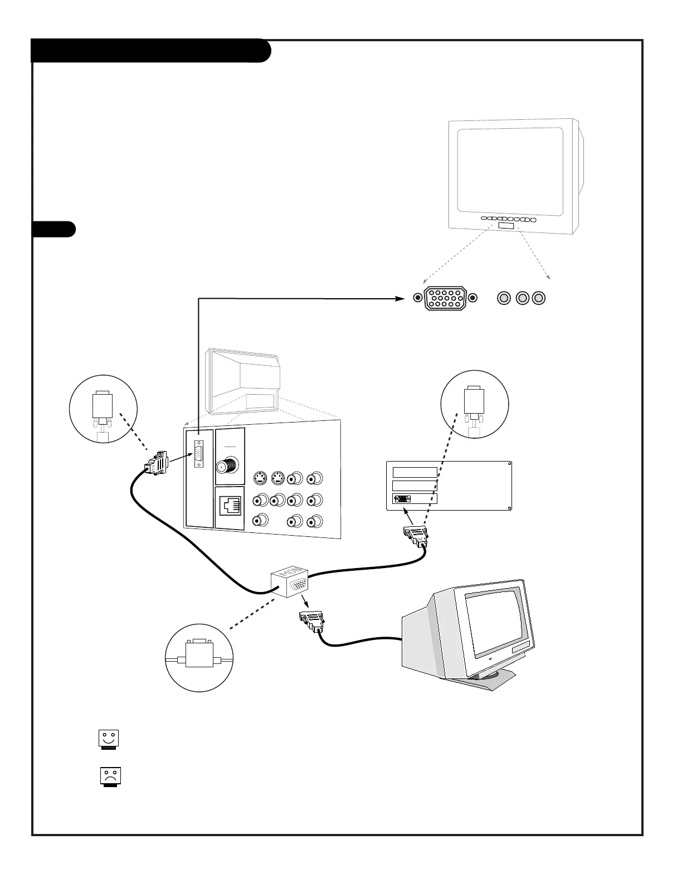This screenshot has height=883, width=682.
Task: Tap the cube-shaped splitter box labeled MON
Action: (x=290, y=581)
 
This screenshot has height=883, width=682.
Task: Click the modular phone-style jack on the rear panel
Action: (x=230, y=505)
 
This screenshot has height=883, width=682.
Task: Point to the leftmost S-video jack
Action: (x=259, y=478)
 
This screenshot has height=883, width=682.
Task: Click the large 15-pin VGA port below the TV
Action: (x=445, y=298)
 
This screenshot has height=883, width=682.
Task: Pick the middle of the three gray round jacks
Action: (x=522, y=298)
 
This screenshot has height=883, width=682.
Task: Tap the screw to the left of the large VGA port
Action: (x=418, y=298)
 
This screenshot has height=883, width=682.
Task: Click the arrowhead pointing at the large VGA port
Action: (x=400, y=299)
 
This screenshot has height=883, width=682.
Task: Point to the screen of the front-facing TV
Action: (x=510, y=171)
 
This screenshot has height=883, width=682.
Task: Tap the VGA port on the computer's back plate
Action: (x=402, y=498)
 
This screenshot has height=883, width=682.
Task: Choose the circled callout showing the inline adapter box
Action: (x=199, y=658)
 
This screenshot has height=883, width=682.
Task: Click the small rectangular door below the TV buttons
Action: (x=506, y=226)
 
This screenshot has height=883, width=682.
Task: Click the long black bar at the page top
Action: (x=150, y=51)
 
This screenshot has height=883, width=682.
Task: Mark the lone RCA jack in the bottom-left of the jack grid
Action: (x=259, y=521)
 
